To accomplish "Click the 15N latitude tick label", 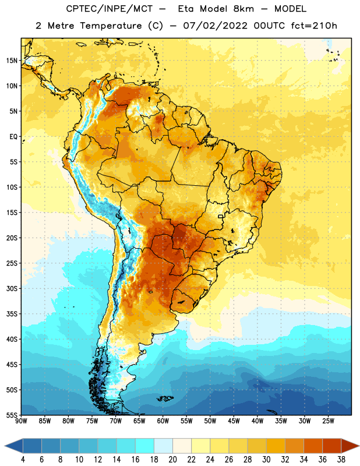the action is click(12, 61).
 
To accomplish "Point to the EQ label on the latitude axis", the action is click(13, 137).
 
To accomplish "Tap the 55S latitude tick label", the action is click(12, 415).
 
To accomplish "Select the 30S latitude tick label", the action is click(12, 288).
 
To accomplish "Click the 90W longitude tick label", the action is click(21, 421).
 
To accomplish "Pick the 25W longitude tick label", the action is click(328, 421).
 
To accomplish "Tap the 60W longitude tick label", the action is click(163, 421).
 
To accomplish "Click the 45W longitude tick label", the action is click(234, 421).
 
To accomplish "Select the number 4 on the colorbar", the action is click(23, 460).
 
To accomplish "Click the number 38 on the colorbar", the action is click(341, 460).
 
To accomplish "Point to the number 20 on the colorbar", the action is click(172, 460).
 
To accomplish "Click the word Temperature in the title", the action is click(111, 26).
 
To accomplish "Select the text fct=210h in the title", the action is click(314, 26).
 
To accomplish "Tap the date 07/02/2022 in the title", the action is click(215, 26).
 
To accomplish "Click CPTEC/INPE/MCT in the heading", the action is click(109, 9).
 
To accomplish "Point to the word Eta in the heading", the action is click(186, 9).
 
